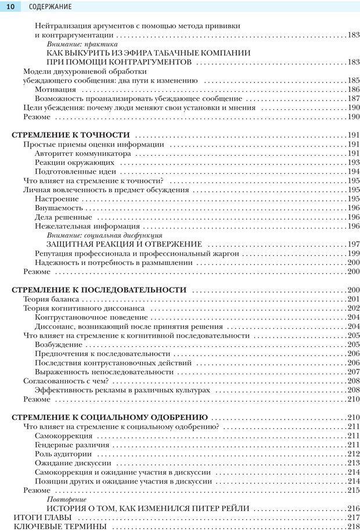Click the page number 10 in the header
(x=10, y=6)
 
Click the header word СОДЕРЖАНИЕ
(x=50, y=7)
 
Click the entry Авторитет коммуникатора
(x=82, y=153)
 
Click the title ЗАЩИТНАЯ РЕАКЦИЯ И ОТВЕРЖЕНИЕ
(x=124, y=244)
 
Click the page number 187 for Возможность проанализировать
(x=353, y=99)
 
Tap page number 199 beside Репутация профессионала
(x=353, y=253)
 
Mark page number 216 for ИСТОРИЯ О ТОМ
(x=353, y=508)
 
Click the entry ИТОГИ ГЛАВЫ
(x=42, y=517)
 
